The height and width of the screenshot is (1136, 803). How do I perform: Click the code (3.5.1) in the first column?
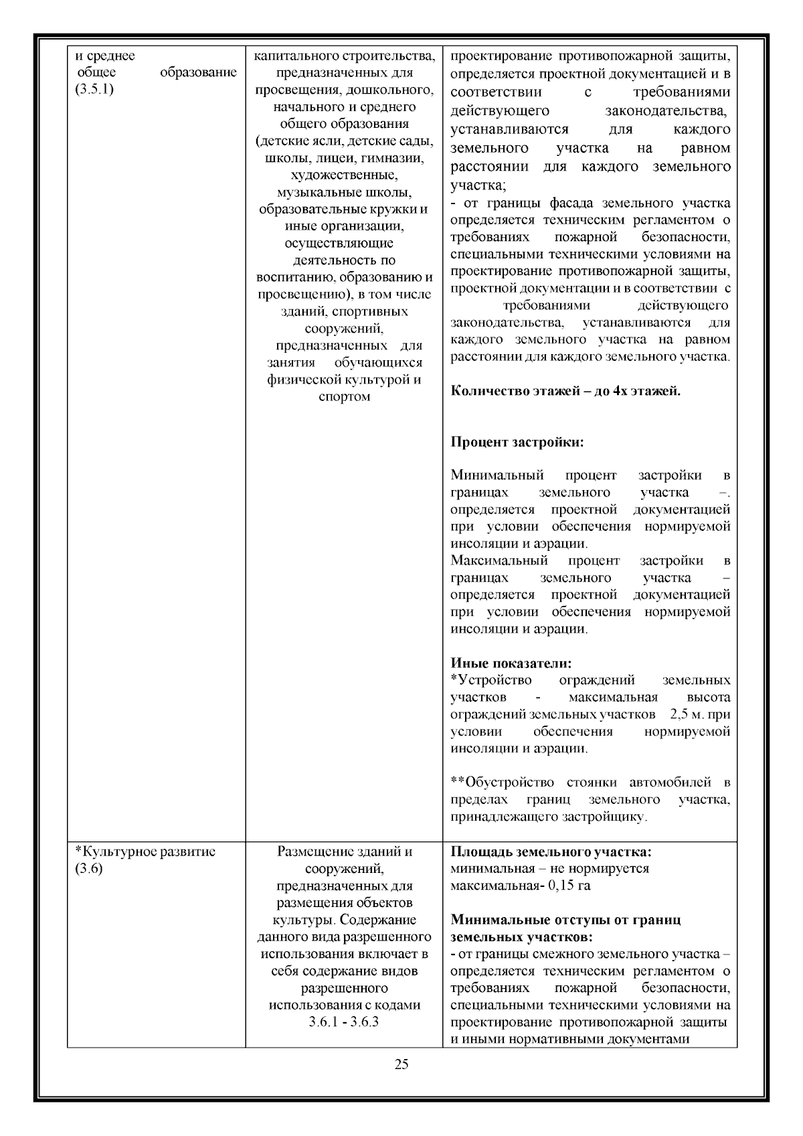pyautogui.click(x=94, y=90)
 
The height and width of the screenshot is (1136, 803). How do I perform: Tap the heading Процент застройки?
pyautogui.click(x=517, y=442)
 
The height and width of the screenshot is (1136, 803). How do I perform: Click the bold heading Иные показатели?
pyautogui.click(x=511, y=663)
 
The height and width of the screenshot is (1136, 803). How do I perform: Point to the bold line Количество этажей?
pyautogui.click(x=565, y=392)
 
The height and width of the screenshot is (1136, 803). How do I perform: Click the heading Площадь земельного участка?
pyautogui.click(x=551, y=852)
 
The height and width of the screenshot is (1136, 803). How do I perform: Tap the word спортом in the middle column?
pyautogui.click(x=345, y=397)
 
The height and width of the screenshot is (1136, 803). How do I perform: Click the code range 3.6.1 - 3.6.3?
pyautogui.click(x=344, y=1022)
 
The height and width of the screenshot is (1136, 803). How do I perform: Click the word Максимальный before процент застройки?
pyautogui.click(x=499, y=560)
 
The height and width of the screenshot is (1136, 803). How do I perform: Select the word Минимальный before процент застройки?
pyautogui.click(x=497, y=475)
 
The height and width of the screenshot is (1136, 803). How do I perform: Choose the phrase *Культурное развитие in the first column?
pyautogui.click(x=145, y=852)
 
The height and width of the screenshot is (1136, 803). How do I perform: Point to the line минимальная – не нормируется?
pyautogui.click(x=549, y=869)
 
